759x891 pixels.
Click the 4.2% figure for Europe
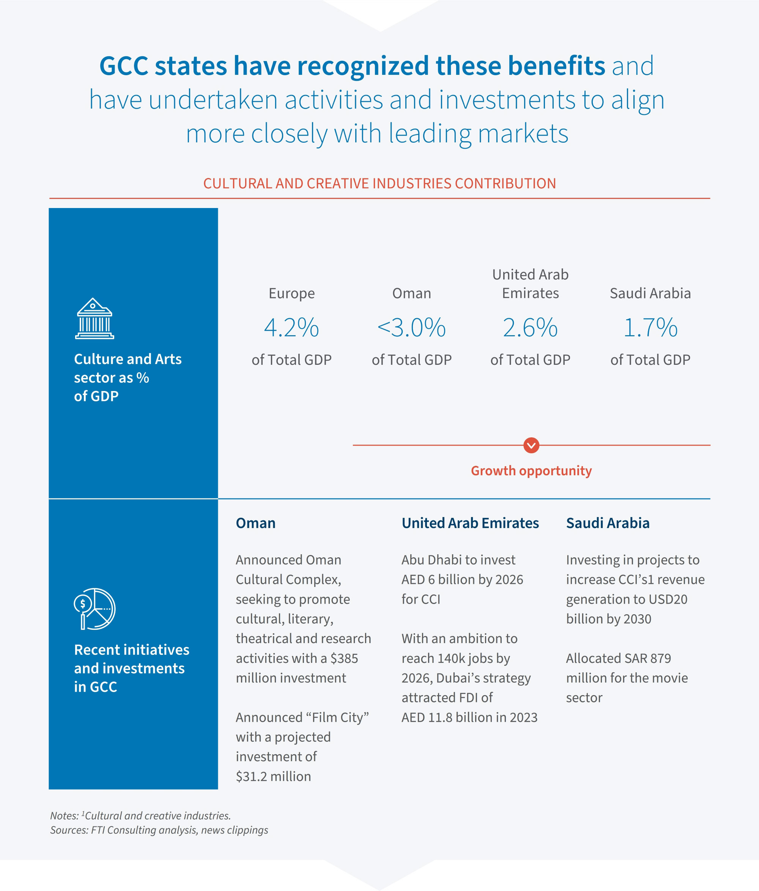coord(291,328)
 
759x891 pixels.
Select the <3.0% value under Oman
coord(411,328)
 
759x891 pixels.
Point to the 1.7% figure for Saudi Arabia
coord(650,328)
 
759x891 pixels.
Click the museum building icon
coord(94,319)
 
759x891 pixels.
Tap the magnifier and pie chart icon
coord(94,609)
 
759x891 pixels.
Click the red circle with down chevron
coord(531,445)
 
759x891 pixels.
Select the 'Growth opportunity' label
coord(531,471)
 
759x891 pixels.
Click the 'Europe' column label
coord(291,293)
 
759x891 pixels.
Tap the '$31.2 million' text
coord(273,776)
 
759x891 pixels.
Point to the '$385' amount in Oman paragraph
coord(344,658)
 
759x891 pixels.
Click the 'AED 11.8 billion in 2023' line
coord(469,717)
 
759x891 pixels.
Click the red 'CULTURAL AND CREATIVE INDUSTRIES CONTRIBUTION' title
coord(379,184)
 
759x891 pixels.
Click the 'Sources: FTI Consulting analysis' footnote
coord(159,830)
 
